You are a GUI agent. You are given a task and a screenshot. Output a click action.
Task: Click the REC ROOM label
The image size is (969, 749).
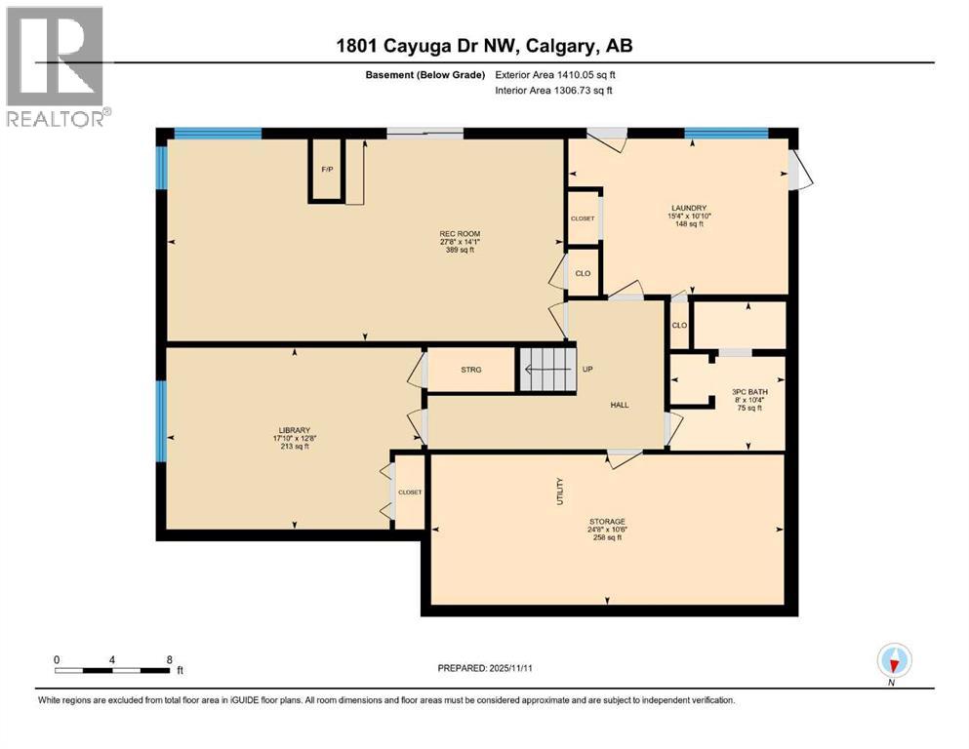(x=460, y=234)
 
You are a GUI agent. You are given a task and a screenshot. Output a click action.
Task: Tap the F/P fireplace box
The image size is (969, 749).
(x=327, y=171)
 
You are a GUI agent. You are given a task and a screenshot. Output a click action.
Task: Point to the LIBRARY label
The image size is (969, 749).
(x=295, y=430)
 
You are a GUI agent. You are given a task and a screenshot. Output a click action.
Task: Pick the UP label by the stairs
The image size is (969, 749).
(x=588, y=370)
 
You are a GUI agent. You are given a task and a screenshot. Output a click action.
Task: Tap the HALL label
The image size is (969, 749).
(x=620, y=406)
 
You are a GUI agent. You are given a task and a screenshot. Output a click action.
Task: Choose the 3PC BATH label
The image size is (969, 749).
(x=749, y=392)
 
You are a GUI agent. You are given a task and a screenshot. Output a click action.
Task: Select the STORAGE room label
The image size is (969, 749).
(x=607, y=522)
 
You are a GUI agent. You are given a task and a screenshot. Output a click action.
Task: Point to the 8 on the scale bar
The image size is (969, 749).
(x=170, y=660)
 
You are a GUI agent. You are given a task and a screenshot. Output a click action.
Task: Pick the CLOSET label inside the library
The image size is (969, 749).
(x=410, y=493)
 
